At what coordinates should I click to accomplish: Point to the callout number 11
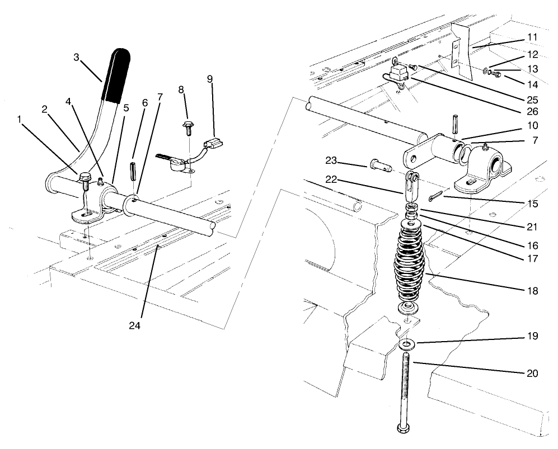point(532,37)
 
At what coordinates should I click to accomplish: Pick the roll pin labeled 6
point(134,170)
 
